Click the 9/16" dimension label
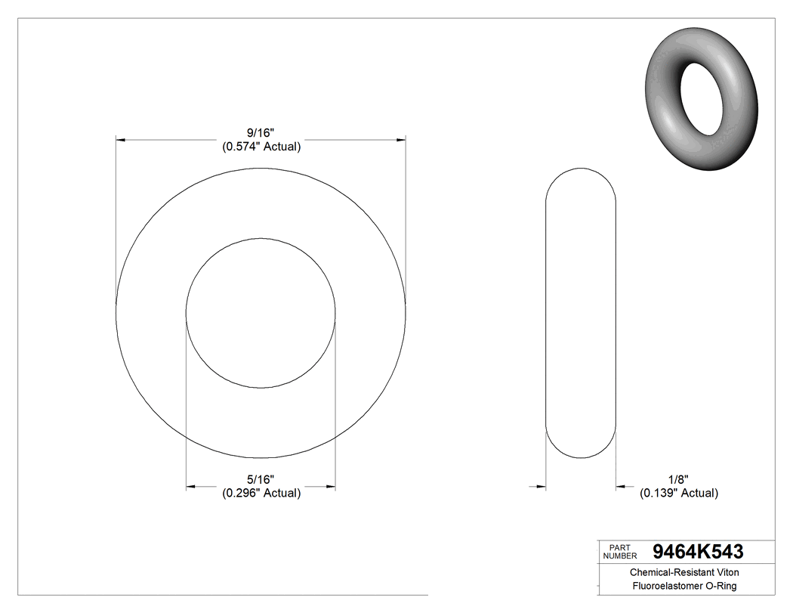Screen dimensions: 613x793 point(261,133)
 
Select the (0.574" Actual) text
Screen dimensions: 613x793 point(261,147)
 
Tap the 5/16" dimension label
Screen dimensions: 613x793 point(261,479)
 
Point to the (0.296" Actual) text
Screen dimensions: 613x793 point(261,493)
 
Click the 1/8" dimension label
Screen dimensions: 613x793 point(678,479)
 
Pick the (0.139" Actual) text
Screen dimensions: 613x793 point(678,493)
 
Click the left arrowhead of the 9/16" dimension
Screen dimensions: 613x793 point(120,140)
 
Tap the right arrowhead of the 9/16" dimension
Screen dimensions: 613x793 point(401,140)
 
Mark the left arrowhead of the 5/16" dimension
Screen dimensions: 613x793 point(191,486)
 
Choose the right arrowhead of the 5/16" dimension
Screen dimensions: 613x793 point(331,486)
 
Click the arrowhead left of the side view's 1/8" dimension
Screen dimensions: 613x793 point(540,486)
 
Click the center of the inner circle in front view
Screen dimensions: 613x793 point(261,313)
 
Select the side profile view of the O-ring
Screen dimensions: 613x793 point(581,313)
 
